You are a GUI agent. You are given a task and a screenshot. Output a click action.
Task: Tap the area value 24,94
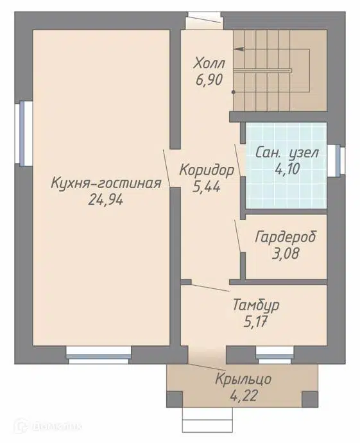pyautogui.click(x=106, y=200)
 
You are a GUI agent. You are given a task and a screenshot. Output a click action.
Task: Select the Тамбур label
pyautogui.click(x=255, y=303)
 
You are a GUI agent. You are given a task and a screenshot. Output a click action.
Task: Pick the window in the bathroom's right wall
pyautogui.click(x=336, y=161)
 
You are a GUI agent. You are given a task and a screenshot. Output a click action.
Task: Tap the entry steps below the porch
pyautogui.click(x=205, y=421)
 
